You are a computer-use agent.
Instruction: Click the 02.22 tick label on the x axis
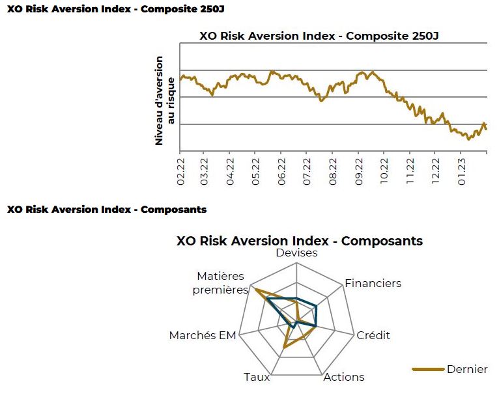tap(180, 172)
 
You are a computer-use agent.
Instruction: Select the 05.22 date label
tap(255, 172)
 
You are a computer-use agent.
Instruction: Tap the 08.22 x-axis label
tap(333, 172)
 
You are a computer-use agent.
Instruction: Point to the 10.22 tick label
tap(384, 171)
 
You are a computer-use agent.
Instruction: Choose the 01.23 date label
tap(461, 171)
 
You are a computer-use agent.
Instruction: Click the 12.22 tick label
tap(435, 171)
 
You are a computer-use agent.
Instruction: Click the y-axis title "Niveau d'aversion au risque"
tap(165, 101)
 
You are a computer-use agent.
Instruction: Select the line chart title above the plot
tap(319, 36)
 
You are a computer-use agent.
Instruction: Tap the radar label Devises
tap(296, 253)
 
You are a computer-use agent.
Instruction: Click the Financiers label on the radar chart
tap(373, 283)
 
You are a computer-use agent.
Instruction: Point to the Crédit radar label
tap(373, 335)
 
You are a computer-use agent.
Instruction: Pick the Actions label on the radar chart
tap(344, 377)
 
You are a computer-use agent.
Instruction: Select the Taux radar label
tap(257, 377)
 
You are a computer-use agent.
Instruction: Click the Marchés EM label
tap(203, 335)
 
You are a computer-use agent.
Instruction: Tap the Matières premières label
tap(220, 283)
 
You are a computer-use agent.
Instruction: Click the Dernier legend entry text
tap(467, 369)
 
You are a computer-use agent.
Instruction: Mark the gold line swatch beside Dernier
tap(428, 369)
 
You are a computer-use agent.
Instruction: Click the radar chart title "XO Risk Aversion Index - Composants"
tap(300, 241)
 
